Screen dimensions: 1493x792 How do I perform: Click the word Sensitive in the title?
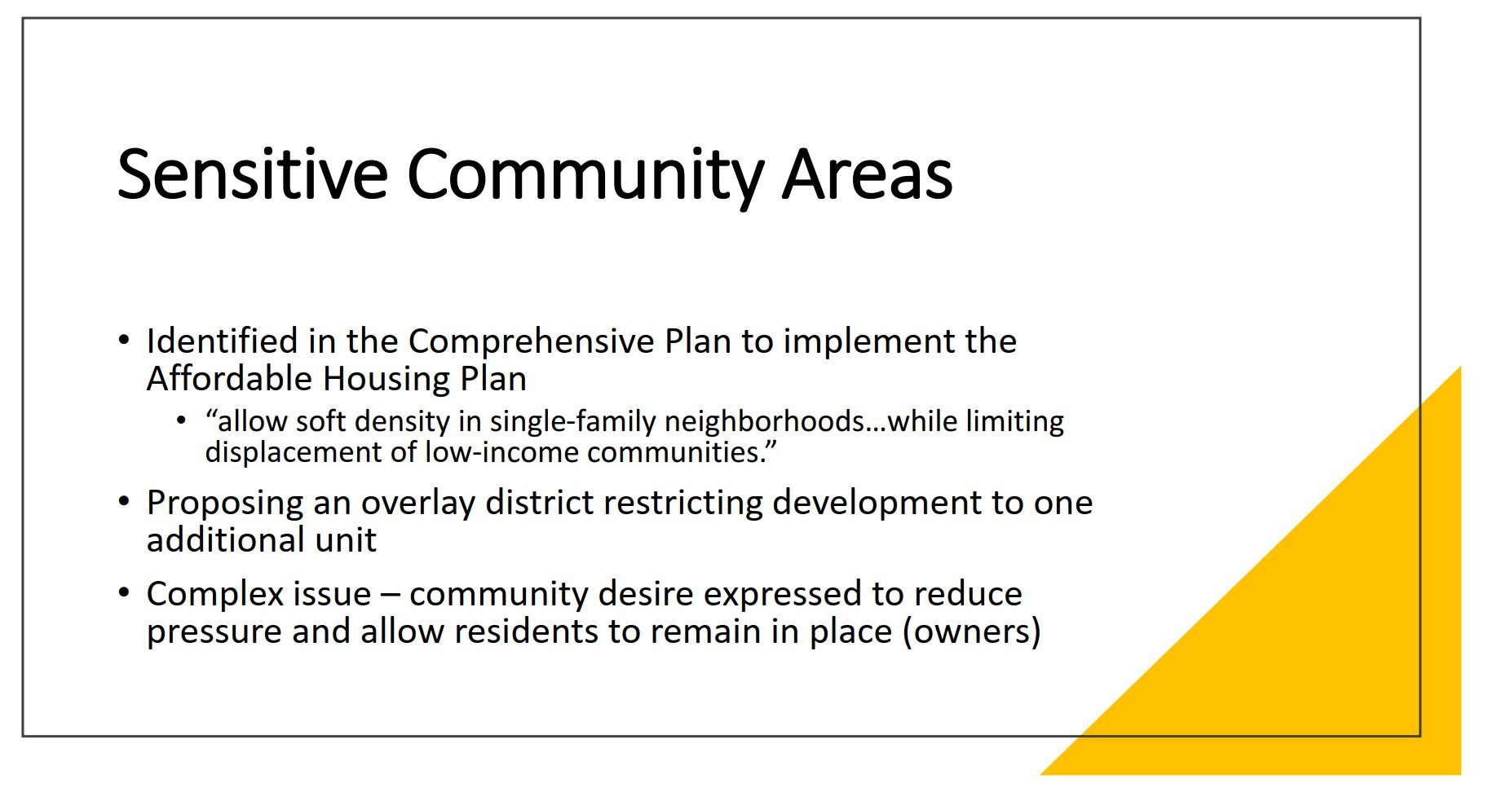253,174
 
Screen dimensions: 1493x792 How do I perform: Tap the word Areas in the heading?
868,174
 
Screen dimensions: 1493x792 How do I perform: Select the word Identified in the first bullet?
222,341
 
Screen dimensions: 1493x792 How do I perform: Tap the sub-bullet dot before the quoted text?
182,420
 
